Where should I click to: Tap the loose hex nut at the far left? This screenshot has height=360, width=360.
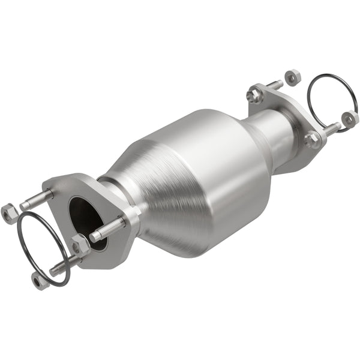[10, 212]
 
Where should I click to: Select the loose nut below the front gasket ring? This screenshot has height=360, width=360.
[40, 280]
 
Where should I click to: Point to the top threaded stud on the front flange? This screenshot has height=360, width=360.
[37, 200]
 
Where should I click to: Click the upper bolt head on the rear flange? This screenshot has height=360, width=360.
[254, 94]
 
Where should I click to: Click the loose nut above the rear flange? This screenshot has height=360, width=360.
[292, 77]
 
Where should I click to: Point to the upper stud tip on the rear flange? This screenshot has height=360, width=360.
[275, 85]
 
